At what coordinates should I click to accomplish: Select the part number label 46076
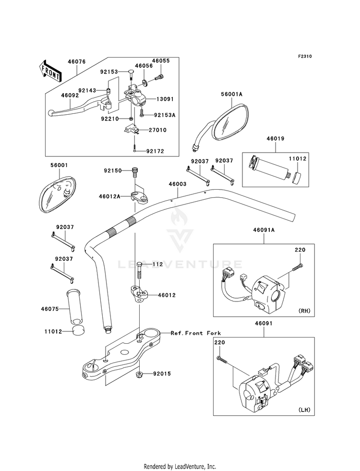(77, 61)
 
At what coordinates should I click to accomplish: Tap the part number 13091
(165, 99)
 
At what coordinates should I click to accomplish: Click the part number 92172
(156, 151)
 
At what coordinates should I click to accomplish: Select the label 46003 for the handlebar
(178, 184)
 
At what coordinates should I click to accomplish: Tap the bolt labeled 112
(139, 270)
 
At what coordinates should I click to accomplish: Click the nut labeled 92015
(139, 374)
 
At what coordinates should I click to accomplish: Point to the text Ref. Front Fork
(196, 333)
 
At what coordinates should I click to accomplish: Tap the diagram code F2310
(305, 56)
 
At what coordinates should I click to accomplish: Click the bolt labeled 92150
(134, 173)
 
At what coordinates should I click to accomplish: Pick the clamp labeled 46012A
(140, 196)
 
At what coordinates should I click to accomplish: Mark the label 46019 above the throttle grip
(276, 139)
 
